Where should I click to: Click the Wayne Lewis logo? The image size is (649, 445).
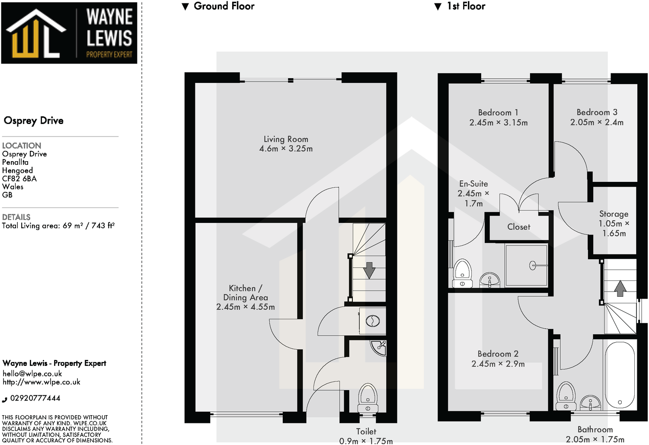point(69,33)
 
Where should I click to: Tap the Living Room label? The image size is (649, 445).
point(286,139)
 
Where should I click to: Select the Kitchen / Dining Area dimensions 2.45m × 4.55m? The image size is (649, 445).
point(245,307)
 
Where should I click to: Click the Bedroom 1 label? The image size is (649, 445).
point(498,112)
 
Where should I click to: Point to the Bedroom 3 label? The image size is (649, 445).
point(597,112)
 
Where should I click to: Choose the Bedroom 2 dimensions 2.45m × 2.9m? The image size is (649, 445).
point(498,364)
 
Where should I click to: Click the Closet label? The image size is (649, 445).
point(518,227)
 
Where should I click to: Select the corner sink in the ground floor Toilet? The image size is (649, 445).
point(379,347)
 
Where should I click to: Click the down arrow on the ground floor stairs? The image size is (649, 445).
point(369,270)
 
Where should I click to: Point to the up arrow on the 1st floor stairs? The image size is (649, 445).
point(620,288)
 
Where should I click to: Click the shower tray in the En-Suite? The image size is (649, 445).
point(526,265)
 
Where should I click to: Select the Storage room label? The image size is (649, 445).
point(614,214)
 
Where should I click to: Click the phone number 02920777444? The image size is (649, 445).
point(35,398)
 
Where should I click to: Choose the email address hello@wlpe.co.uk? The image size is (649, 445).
point(32,374)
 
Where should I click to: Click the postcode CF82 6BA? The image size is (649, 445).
point(19,178)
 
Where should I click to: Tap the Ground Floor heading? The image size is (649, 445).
point(224,6)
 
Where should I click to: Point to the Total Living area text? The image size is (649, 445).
point(58,226)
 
